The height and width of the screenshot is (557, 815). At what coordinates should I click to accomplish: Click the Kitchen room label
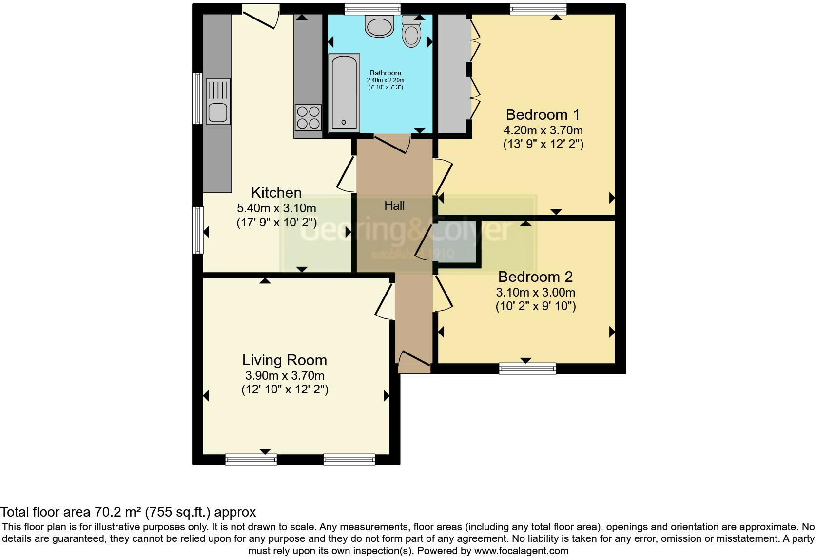276,192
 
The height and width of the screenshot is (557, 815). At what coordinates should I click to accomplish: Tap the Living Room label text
284,360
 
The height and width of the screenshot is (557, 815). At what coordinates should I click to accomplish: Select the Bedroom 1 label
543,115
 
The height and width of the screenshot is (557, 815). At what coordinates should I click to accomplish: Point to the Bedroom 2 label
535,277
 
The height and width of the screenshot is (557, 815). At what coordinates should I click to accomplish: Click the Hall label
394,206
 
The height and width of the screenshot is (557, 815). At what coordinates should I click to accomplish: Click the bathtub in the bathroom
344,93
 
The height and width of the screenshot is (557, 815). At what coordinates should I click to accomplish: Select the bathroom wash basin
379,26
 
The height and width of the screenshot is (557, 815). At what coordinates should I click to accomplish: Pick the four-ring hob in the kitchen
308,117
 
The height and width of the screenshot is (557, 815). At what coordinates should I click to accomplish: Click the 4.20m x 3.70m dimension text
543,130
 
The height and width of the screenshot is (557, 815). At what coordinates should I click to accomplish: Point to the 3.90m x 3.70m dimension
284,376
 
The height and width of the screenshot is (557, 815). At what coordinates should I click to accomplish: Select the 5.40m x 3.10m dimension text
276,208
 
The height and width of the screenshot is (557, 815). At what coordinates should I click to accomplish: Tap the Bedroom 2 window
527,368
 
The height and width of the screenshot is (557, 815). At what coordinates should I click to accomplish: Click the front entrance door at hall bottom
414,361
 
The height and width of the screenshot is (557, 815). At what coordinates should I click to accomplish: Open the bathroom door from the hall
392,144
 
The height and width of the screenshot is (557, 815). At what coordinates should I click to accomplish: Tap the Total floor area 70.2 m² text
128,512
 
